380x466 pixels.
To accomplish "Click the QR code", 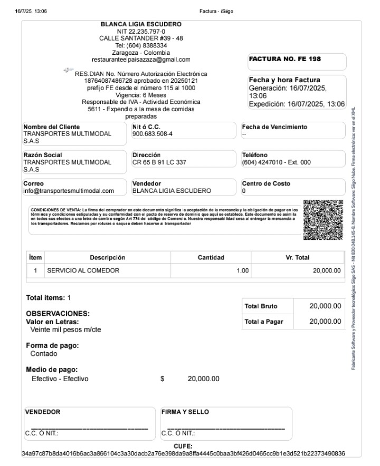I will (x=324, y=220).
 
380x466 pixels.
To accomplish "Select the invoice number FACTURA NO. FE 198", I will (x=284, y=59).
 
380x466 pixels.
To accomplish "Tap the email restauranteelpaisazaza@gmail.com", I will (x=141, y=60).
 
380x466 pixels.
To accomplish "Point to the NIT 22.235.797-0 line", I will (x=141, y=32).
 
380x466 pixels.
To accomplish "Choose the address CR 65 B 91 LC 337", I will (x=159, y=162).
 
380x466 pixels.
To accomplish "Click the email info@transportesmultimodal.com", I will (x=69, y=191).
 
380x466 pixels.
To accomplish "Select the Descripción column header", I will (x=107, y=258).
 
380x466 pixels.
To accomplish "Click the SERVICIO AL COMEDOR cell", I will (x=83, y=270).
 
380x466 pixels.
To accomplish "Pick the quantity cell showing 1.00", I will (x=242, y=270).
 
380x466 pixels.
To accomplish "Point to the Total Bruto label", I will (x=261, y=306).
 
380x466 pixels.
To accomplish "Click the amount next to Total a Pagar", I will (x=325, y=322).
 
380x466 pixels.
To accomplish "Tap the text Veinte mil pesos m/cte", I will (x=65, y=330).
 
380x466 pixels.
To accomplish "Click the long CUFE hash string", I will (x=183, y=453).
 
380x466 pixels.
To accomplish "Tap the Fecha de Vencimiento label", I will (x=274, y=127).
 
